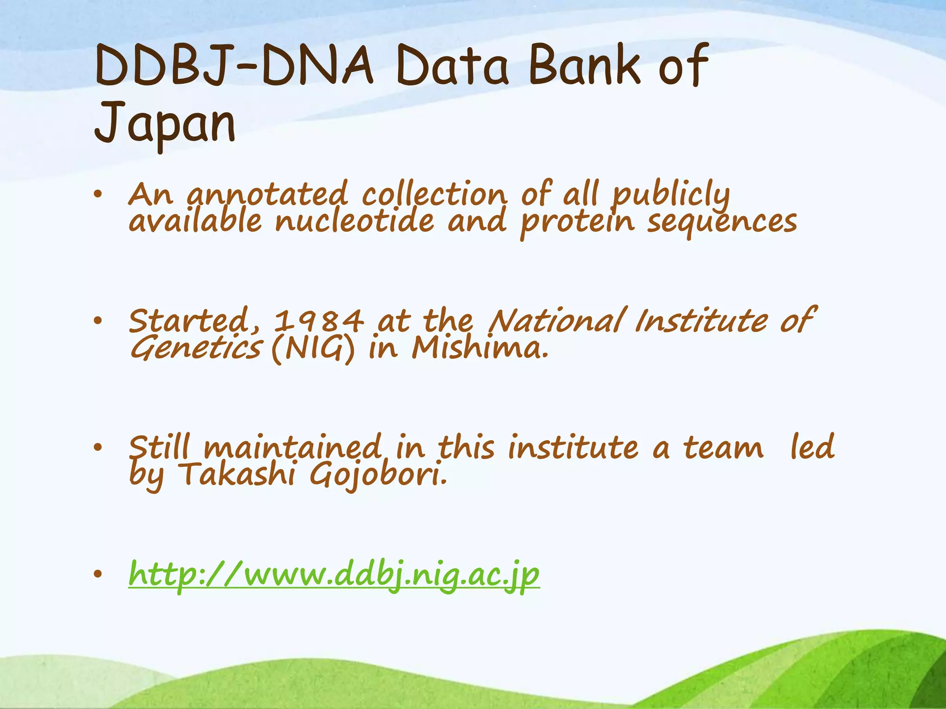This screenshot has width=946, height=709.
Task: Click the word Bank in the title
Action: (x=584, y=66)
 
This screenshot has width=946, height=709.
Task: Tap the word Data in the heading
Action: (x=451, y=66)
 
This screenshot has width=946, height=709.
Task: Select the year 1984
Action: (x=319, y=321)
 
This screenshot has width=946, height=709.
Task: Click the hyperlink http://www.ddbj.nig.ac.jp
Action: (x=334, y=575)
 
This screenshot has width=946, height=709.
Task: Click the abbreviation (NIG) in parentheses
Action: (x=313, y=349)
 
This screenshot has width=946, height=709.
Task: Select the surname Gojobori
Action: (x=378, y=475)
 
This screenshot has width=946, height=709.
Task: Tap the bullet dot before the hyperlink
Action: (x=97, y=574)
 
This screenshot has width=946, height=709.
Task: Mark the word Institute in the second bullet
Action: (x=701, y=321)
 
